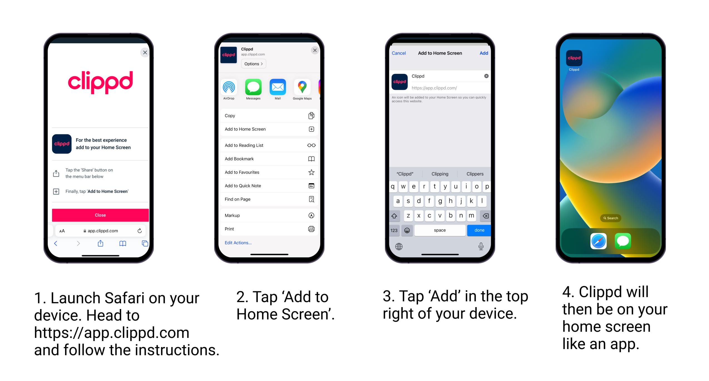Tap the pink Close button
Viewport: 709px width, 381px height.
[100, 215]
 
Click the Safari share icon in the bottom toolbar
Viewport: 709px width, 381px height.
[100, 243]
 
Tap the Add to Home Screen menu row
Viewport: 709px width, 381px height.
[269, 129]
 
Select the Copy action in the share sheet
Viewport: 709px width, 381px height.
[269, 116]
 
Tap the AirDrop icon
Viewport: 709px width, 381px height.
[229, 87]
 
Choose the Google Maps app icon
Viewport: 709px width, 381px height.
[302, 87]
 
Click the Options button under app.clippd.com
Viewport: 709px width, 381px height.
[253, 64]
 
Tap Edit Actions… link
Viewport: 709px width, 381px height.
[238, 243]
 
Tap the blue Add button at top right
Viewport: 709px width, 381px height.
[484, 53]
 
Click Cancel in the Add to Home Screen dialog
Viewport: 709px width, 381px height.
[399, 53]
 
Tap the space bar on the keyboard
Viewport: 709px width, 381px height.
[440, 230]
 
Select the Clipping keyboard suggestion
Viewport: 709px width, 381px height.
[440, 174]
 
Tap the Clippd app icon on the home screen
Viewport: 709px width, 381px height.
[574, 58]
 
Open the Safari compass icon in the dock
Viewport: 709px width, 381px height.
[598, 241]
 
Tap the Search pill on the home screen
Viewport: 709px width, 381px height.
[611, 218]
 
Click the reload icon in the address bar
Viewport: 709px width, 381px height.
[140, 231]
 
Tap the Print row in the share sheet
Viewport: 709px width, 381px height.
[269, 229]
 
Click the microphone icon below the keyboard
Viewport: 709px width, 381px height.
[481, 246]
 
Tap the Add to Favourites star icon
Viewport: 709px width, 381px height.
[311, 172]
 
